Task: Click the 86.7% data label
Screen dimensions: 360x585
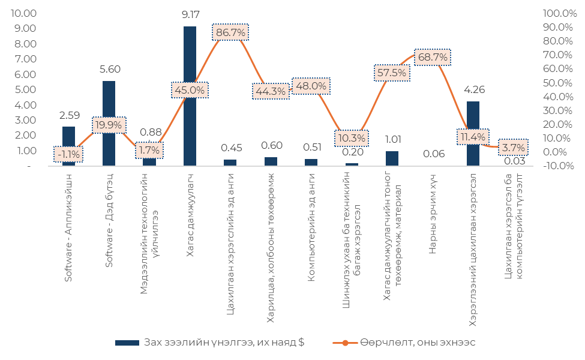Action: click(230, 32)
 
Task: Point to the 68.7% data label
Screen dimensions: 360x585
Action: click(433, 57)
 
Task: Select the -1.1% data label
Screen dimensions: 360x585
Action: click(68, 154)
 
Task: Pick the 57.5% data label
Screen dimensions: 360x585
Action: click(392, 73)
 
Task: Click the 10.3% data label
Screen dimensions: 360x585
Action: click(352, 138)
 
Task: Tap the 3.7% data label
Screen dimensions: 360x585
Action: click(514, 147)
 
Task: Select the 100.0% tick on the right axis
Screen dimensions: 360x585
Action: click(559, 13)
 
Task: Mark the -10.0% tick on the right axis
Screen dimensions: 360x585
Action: click(559, 166)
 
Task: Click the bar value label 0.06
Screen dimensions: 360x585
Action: click(433, 154)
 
